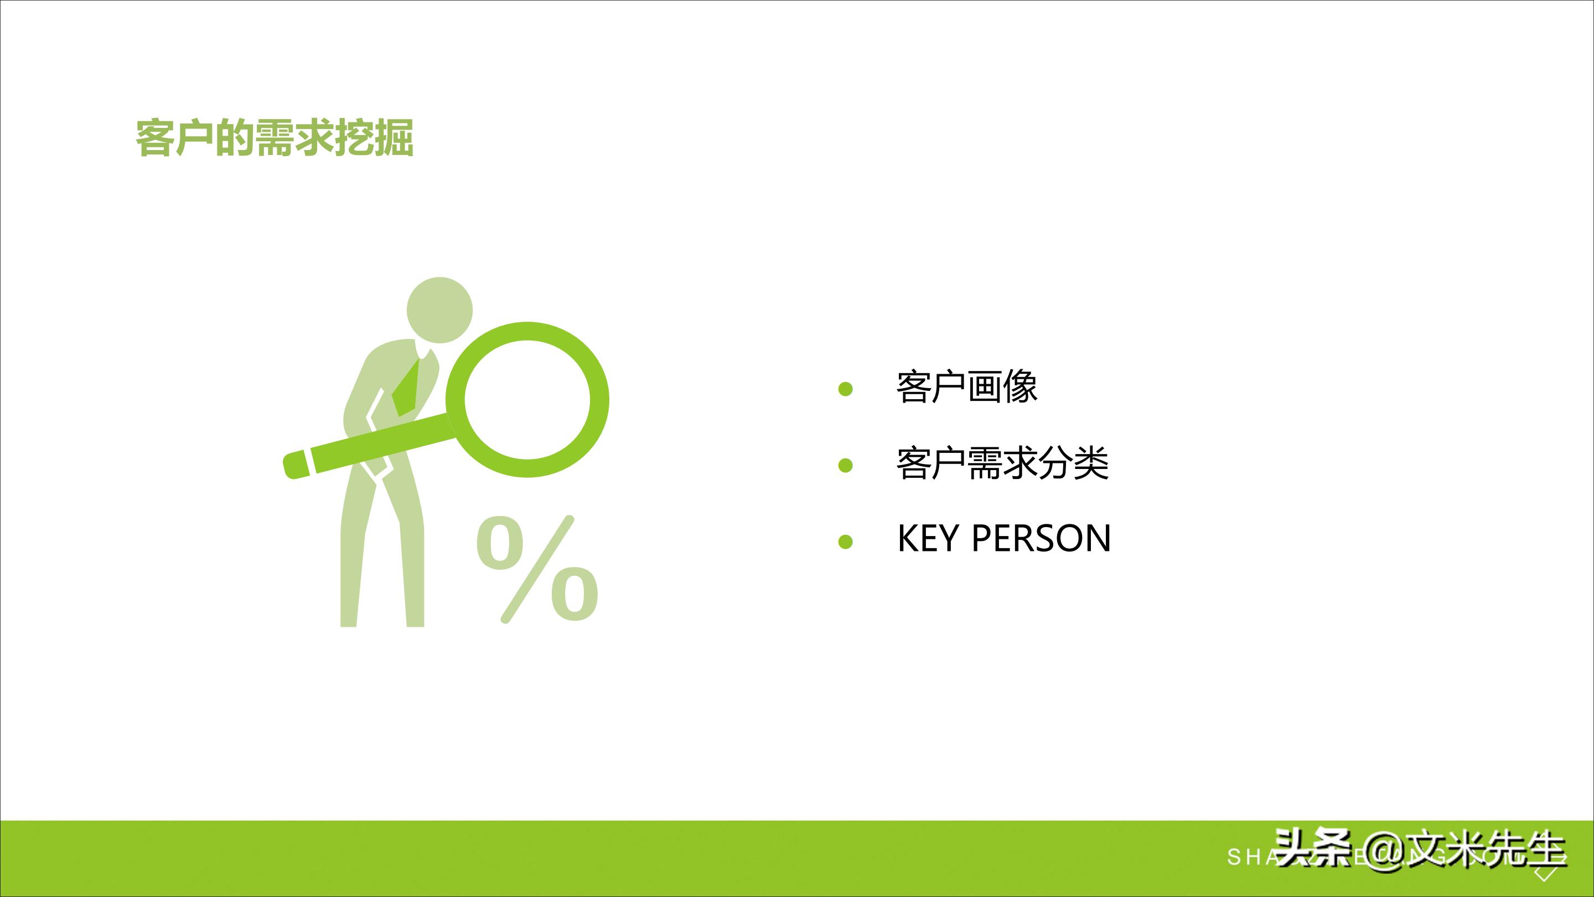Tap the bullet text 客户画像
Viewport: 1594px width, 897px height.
[x=966, y=388]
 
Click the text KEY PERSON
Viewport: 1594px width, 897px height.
[x=1003, y=538]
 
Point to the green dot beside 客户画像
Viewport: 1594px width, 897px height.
[x=845, y=389]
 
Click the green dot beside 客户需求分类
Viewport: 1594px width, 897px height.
[x=845, y=465]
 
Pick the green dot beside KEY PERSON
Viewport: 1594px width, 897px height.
[x=845, y=542]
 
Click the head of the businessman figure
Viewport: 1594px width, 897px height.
[x=439, y=310]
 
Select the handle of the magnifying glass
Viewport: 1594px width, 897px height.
[x=371, y=447]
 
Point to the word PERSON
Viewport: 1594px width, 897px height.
[x=1041, y=538]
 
